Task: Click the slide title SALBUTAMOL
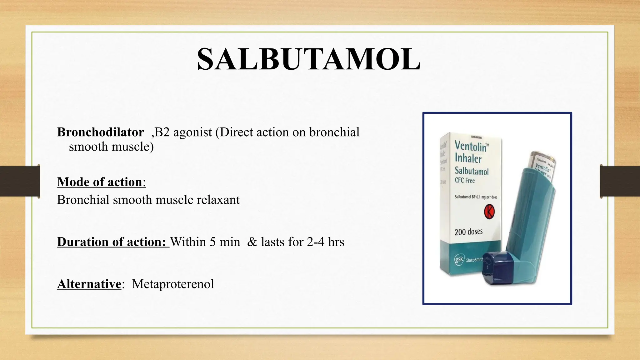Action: pyautogui.click(x=309, y=59)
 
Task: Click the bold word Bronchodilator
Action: pyautogui.click(x=100, y=132)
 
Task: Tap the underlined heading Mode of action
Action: pyautogui.click(x=100, y=182)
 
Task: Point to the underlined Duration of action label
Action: pyautogui.click(x=111, y=242)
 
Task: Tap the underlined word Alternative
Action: pyautogui.click(x=89, y=284)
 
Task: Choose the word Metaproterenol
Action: pyautogui.click(x=173, y=284)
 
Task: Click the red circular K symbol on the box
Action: pyautogui.click(x=489, y=212)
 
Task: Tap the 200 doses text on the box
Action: pyautogui.click(x=468, y=232)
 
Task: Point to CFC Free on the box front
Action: pyautogui.click(x=465, y=181)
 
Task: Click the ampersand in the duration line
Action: pyautogui.click(x=252, y=242)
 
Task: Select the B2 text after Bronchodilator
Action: pyautogui.click(x=162, y=132)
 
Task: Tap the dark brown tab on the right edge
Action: pyautogui.click(x=620, y=181)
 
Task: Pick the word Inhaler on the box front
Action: pyautogui.click(x=468, y=158)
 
